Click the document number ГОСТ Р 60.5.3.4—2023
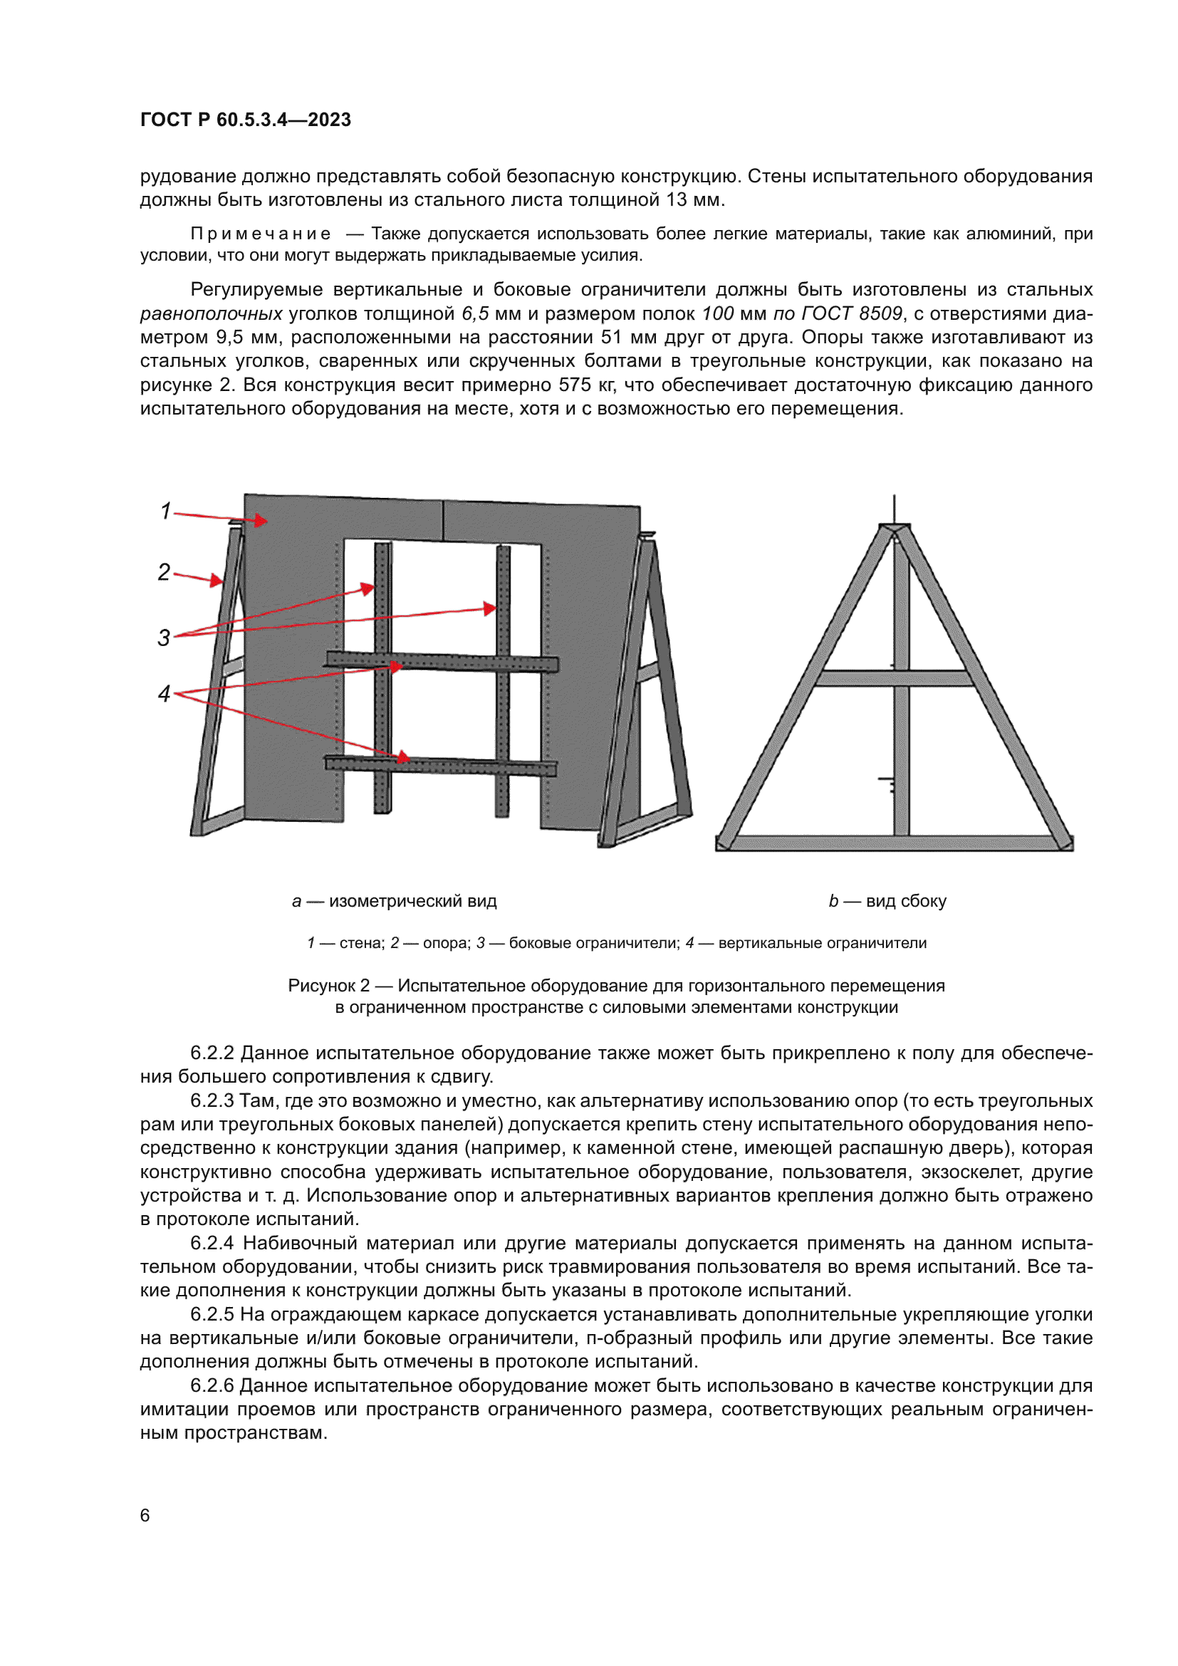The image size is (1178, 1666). tap(245, 120)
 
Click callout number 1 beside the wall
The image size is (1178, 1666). tap(165, 511)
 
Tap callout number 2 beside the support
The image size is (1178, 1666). tap(164, 573)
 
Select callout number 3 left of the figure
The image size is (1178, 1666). tap(164, 637)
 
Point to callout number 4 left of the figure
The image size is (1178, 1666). tap(164, 694)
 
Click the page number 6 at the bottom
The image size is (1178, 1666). tap(145, 1515)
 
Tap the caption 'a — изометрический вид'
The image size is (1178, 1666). tap(394, 901)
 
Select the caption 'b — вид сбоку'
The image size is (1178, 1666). tap(887, 901)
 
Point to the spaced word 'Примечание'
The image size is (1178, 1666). tap(261, 234)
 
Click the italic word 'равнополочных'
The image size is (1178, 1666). tap(211, 313)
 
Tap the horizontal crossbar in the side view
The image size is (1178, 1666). tap(894, 679)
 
